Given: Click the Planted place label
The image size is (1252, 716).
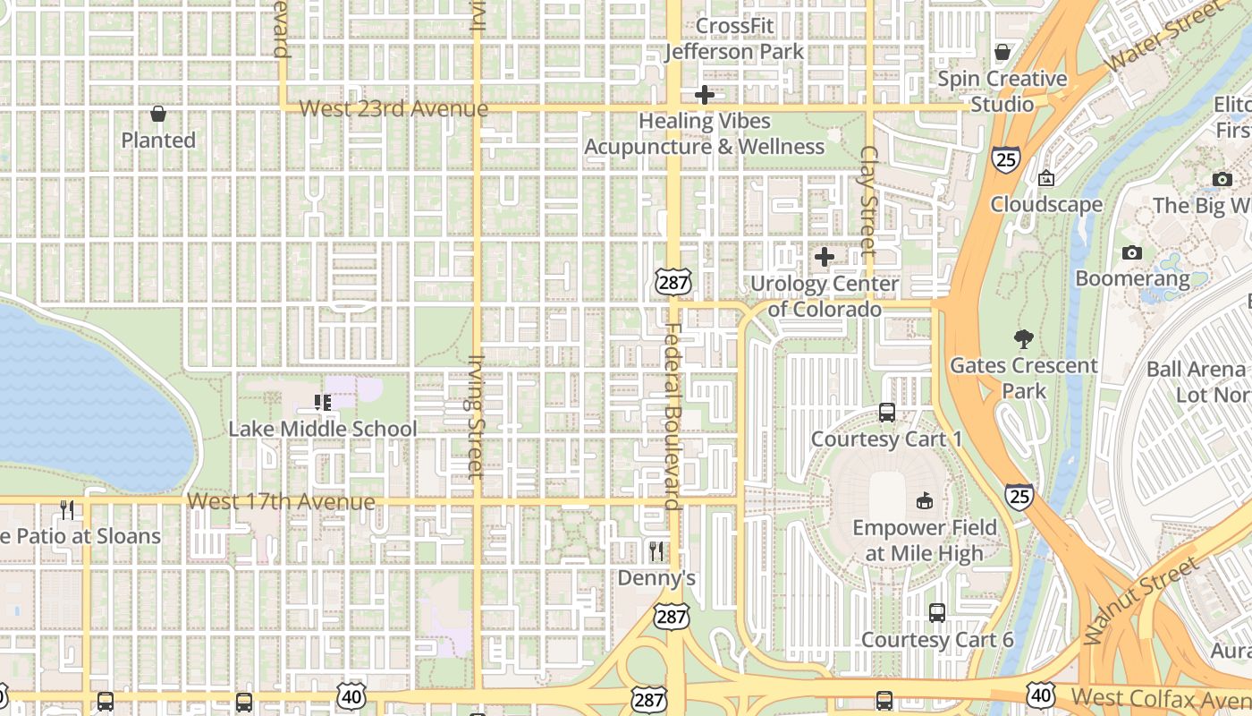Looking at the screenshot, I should pos(158,141).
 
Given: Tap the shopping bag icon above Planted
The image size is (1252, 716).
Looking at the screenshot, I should pos(158,114).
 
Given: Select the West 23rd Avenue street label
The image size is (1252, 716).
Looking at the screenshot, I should pos(393,109).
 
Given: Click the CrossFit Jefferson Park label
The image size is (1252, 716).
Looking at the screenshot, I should pos(734,38).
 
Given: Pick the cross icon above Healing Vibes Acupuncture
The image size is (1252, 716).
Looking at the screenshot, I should pos(705,94).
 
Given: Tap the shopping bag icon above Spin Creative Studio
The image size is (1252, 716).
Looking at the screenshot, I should pos(1002,52).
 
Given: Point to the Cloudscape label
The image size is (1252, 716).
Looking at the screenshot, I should pos(1046,204).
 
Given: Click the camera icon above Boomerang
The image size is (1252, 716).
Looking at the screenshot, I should pos(1132,252).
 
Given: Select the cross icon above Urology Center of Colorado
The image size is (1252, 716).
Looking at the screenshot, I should pos(825,257).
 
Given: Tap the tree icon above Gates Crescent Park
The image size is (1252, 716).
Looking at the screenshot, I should pos(1024,339).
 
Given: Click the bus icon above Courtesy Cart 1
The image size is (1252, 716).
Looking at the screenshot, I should pos(887,413).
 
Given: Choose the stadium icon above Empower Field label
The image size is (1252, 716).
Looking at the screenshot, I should pos(925,500).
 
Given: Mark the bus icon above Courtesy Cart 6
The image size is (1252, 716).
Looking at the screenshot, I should pos(937,613).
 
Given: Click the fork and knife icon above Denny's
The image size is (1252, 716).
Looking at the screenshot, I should pos(656,550).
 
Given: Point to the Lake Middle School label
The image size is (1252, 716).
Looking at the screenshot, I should pos(323,429).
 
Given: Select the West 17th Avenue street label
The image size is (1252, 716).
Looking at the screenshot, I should pos(283,502).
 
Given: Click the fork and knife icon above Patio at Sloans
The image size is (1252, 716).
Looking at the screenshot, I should pos(67,510).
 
